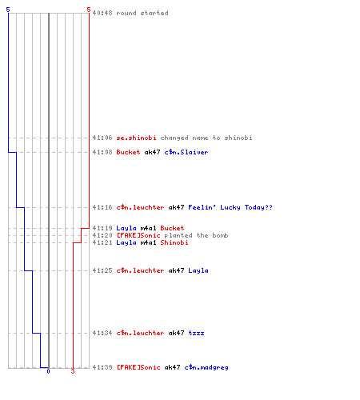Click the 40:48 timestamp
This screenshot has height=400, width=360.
click(102, 13)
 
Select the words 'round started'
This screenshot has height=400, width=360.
click(142, 13)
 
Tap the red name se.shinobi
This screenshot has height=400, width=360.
click(136, 138)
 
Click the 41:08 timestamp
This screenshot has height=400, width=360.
click(102, 152)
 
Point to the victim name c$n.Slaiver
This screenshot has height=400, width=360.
click(186, 152)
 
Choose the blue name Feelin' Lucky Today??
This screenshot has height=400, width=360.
click(230, 207)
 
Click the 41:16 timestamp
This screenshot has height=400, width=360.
click(102, 207)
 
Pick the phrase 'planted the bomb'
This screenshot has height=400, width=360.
click(196, 235)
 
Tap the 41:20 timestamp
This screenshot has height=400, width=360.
click(102, 235)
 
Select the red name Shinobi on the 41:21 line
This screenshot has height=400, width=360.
click(174, 242)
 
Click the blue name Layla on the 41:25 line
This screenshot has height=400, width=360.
click(198, 270)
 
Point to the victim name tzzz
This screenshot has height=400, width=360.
click(196, 333)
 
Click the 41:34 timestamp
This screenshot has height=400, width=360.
click(102, 333)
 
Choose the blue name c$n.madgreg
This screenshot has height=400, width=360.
click(206, 367)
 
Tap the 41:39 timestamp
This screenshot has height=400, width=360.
click(102, 367)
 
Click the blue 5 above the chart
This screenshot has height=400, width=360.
click(8, 10)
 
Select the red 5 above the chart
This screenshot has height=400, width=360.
click(89, 10)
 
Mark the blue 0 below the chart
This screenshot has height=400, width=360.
click(48, 371)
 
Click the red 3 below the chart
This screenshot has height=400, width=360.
click(73, 371)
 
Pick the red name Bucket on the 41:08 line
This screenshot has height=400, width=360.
click(128, 152)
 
